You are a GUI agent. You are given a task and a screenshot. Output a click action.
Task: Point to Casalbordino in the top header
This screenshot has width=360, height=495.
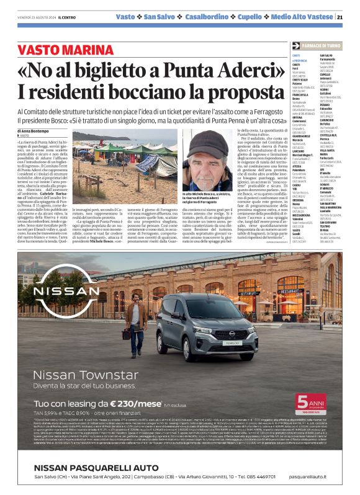pos(222,17)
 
